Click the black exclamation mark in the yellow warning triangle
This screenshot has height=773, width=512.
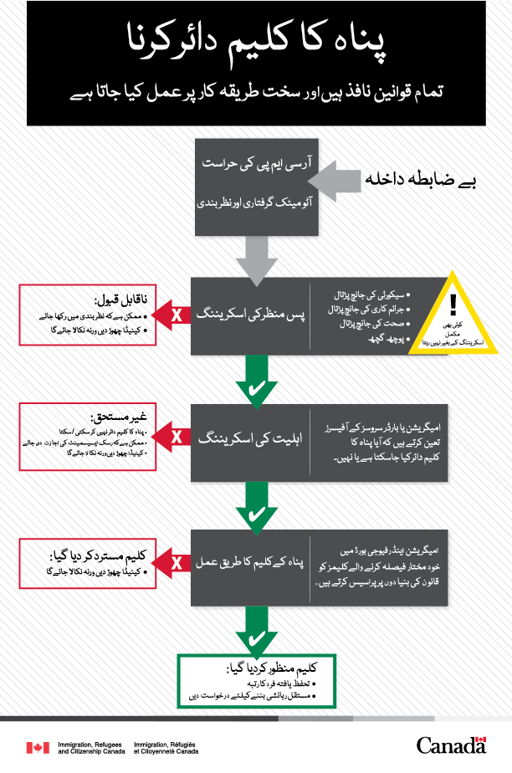coord(453,304)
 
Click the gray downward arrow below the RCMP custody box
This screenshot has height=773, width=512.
coord(255,255)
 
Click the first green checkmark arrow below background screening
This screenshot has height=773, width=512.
coord(255,383)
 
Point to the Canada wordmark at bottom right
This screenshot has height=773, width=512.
coord(450,745)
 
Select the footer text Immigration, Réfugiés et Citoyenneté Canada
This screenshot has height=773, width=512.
coord(166,748)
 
